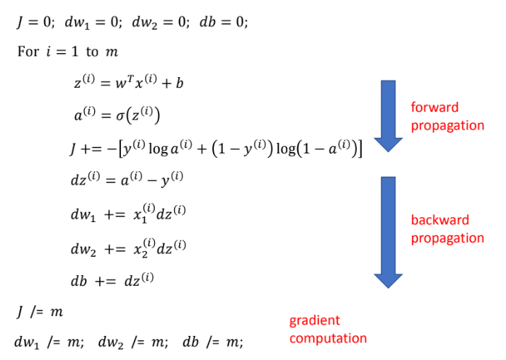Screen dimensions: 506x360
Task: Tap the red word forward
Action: tap(435, 108)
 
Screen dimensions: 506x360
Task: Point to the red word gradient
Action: tap(314, 320)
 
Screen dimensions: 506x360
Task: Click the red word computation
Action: tap(328, 338)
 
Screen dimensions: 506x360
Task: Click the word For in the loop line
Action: tap(28, 52)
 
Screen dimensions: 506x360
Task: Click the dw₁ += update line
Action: tap(127, 214)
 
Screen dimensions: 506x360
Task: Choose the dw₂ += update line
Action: tap(127, 247)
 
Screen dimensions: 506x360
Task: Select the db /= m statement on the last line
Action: tap(212, 342)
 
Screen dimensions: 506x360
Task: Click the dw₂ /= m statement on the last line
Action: tap(133, 342)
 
